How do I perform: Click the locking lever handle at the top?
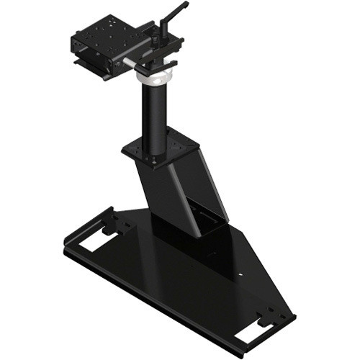tap(175, 9)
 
